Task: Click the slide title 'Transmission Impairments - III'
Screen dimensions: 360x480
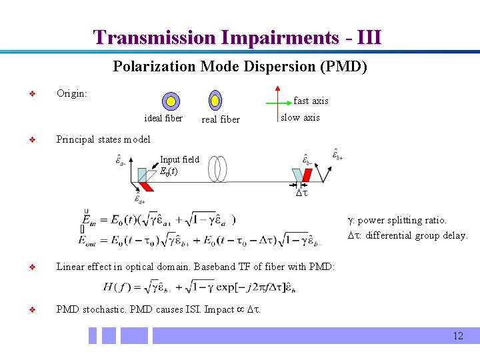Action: coord(237,37)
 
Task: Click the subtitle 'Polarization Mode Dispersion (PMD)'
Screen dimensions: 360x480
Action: coord(240,67)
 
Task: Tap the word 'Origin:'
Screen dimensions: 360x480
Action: coord(71,93)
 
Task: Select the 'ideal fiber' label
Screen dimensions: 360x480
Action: coord(163,118)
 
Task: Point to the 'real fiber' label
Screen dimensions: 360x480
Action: coord(221,119)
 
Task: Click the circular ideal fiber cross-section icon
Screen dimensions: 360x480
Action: coord(171,101)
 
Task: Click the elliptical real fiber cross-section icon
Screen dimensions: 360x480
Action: coord(215,101)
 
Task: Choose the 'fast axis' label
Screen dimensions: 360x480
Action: coord(311,101)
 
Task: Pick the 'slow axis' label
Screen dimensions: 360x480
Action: coord(300,117)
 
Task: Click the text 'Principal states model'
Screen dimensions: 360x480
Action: coord(103,139)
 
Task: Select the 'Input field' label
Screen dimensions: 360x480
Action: coord(179,159)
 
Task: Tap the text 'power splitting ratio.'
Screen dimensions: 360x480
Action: coord(403,220)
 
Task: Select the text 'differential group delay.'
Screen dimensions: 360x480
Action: coord(417,235)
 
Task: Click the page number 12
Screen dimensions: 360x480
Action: coord(457,335)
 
